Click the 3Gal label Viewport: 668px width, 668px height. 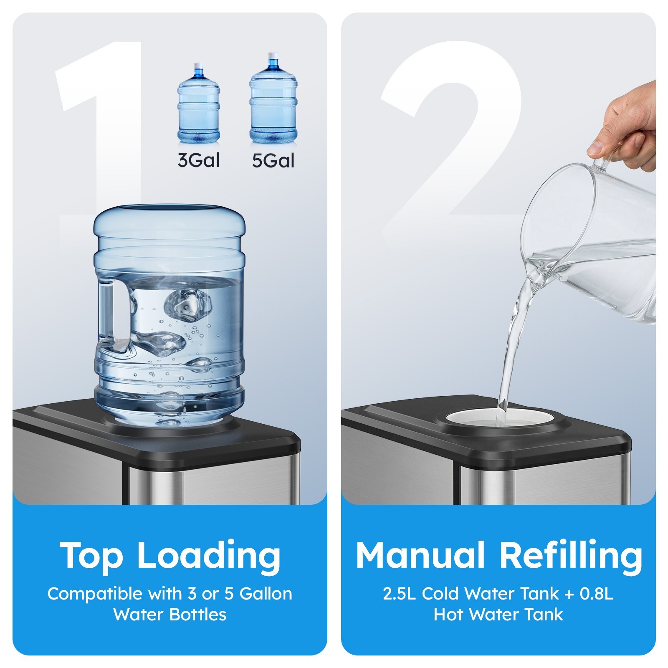click(198, 160)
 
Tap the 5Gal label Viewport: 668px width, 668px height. click(273, 160)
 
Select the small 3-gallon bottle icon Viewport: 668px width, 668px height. click(198, 104)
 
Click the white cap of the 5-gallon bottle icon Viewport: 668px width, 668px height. click(273, 56)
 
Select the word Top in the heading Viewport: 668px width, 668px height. click(92, 555)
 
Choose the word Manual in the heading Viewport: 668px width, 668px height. click(420, 555)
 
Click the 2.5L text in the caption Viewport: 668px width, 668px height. click(399, 593)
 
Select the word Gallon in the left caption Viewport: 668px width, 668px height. click(266, 593)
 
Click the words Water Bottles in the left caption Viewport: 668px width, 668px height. click(170, 615)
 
